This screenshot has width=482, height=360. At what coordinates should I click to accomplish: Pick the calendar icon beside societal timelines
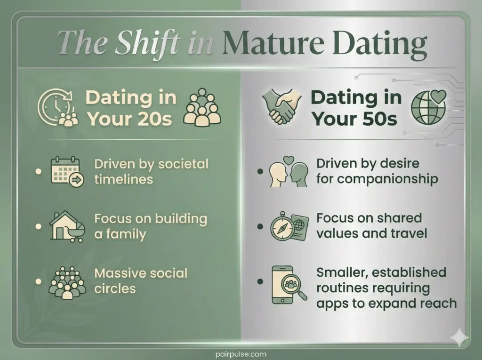[x=66, y=172]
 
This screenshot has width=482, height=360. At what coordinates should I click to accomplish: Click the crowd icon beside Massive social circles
[x=66, y=281]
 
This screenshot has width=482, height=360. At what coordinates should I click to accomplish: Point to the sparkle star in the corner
[x=459, y=337]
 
